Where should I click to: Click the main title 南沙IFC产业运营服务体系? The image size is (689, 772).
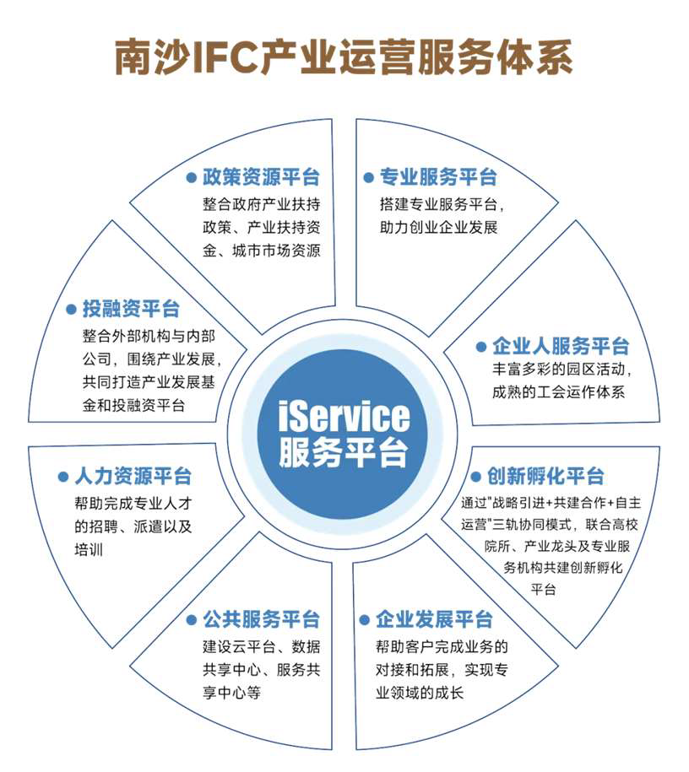point(344,58)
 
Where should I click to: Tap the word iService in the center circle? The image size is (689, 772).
point(344,416)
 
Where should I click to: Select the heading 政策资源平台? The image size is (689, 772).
point(261,177)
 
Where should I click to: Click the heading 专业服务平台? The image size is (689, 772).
point(438,177)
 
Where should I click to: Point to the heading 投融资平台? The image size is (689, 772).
point(131,309)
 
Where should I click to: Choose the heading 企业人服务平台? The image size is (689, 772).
point(561,346)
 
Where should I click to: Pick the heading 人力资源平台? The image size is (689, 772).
point(133,476)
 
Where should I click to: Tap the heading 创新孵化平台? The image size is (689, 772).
point(545,476)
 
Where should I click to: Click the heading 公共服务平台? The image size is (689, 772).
point(261,619)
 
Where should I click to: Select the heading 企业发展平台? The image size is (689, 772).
point(434,619)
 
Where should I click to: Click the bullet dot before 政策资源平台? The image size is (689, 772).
point(192,178)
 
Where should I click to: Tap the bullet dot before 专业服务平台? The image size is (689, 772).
point(368,178)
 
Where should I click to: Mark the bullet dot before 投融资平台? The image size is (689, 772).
point(71,309)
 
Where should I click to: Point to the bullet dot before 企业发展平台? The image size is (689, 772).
point(364,620)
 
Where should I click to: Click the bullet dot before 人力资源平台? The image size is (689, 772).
point(63,477)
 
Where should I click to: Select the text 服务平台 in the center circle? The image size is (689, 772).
point(344,452)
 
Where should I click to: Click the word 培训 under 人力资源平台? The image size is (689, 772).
point(89,549)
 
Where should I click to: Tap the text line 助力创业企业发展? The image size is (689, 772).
point(438,227)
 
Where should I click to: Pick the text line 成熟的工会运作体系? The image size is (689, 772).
point(559,392)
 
